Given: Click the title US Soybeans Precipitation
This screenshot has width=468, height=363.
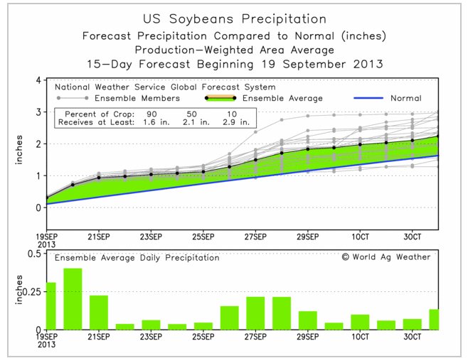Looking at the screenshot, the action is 235,19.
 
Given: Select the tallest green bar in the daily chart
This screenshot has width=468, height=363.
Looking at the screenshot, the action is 73,299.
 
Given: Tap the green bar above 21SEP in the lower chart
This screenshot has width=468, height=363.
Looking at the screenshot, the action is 99,313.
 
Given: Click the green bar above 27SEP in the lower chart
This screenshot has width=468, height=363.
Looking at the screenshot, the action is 255,313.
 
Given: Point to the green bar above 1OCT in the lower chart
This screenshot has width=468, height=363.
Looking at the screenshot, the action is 360,322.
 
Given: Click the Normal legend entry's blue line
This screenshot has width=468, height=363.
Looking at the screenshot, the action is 368,98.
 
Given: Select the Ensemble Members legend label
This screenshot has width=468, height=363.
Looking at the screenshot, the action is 137,98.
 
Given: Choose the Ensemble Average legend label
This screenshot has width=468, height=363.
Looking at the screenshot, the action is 282,98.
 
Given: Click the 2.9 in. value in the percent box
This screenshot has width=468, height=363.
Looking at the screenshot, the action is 236,122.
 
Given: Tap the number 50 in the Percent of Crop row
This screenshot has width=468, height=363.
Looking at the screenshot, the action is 191,114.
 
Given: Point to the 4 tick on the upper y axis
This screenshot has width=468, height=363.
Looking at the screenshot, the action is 38,80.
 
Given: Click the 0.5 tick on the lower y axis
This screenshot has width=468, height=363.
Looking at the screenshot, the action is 34,254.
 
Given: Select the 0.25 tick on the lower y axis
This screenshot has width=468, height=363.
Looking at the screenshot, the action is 32,292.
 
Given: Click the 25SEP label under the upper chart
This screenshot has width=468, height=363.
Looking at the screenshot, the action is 203,237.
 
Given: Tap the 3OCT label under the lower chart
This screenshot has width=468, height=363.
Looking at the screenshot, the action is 413,337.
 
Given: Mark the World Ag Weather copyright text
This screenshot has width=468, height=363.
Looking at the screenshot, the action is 386,257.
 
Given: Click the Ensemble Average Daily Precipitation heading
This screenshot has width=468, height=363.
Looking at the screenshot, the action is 137,258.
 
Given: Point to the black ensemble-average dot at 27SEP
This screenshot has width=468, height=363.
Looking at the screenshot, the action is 255,160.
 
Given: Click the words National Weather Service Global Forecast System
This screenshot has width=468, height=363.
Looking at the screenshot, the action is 165,87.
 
